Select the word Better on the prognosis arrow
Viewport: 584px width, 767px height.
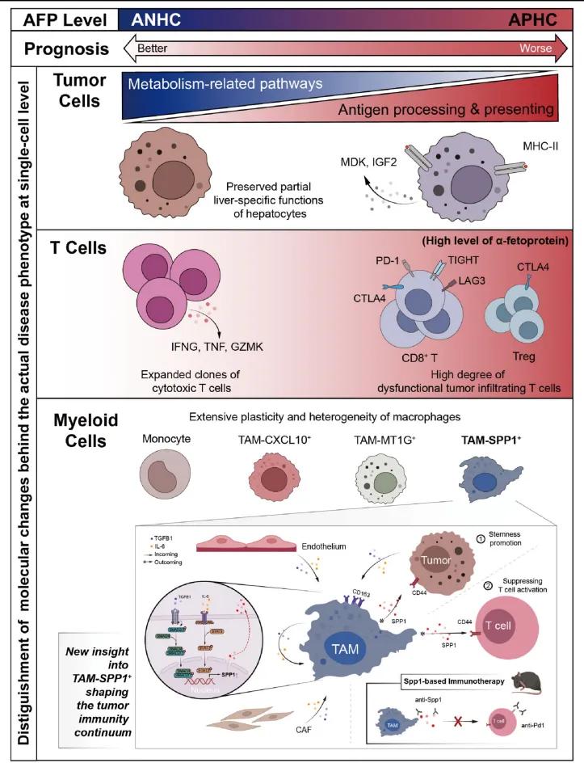pos(152,48)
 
